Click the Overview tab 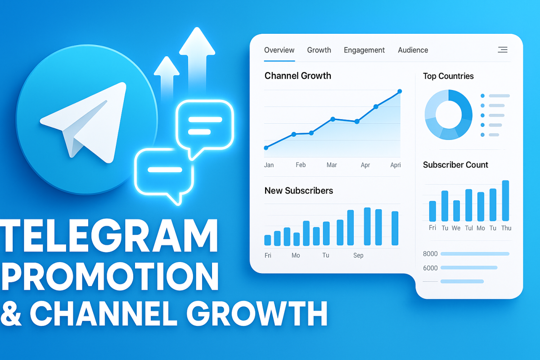coord(279,50)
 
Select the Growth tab coord(319,50)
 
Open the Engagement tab coord(364,50)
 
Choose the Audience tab coord(413,50)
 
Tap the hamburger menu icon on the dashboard coord(503,49)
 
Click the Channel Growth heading coord(298,76)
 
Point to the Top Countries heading coord(448,76)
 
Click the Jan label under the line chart coord(269,165)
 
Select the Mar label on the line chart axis coord(332,165)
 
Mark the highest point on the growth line coord(400,91)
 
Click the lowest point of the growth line coord(266,148)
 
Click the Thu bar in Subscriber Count coord(505,201)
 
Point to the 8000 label coord(430,254)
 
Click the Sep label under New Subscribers coord(358,255)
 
